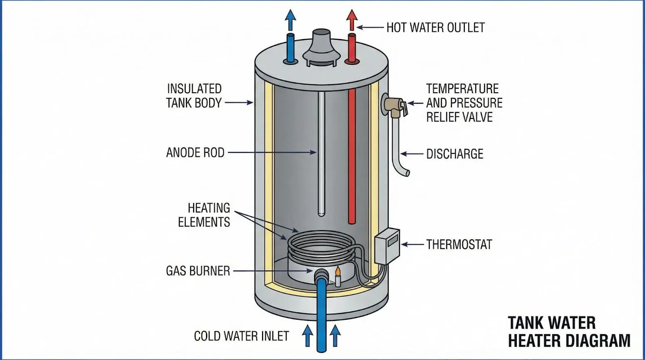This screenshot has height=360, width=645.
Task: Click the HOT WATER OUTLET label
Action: click(435, 27)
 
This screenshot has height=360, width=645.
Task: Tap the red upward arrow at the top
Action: click(352, 18)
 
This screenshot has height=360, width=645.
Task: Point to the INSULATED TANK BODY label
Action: click(194, 96)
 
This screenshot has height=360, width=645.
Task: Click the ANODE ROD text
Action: click(195, 153)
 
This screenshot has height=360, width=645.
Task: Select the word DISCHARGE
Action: click(455, 154)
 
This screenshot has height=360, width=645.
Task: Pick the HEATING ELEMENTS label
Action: click(204, 215)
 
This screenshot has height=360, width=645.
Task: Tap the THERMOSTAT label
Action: click(459, 245)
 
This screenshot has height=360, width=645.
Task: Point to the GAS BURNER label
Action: click(198, 271)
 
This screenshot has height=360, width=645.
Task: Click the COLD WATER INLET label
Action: click(241, 336)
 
